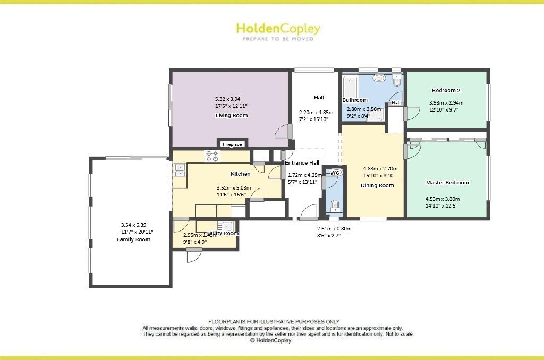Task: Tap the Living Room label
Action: click(232, 115)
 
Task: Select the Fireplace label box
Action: click(232, 144)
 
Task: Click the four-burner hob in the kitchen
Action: click(213, 156)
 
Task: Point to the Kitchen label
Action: click(240, 174)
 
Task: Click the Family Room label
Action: click(133, 239)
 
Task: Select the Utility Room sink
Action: click(227, 225)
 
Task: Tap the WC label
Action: click(335, 173)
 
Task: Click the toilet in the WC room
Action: click(335, 205)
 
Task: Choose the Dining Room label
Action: click(377, 185)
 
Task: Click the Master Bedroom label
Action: click(447, 183)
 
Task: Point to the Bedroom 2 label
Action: click(446, 90)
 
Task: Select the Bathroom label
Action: click(354, 100)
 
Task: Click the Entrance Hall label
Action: click(302, 163)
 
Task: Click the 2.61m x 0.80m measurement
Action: click(334, 228)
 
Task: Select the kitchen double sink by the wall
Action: click(180, 170)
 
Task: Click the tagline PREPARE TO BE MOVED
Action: click(278, 39)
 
